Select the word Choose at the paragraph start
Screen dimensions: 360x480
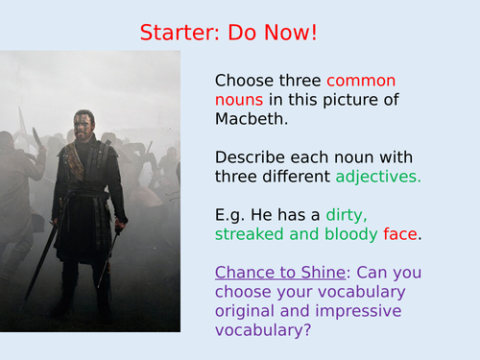[244, 81]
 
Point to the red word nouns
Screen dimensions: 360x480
[241, 99]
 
